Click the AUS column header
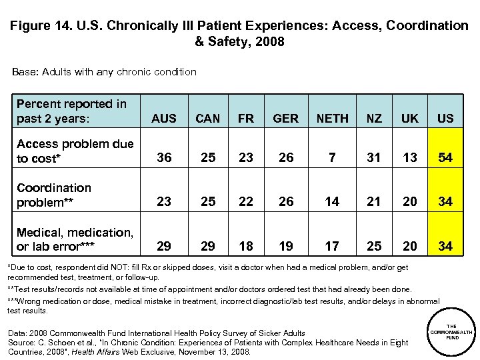click(x=164, y=119)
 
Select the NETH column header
click(x=332, y=119)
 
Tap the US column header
click(x=445, y=119)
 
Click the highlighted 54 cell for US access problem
click(x=445, y=158)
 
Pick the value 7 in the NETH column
click(x=332, y=158)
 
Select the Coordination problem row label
click(x=53, y=195)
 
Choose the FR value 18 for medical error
click(x=246, y=247)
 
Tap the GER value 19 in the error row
click(x=286, y=247)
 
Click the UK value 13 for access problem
click(x=410, y=158)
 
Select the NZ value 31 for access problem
click(x=374, y=158)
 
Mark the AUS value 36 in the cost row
click(x=164, y=158)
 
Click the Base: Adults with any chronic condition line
click(x=104, y=71)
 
